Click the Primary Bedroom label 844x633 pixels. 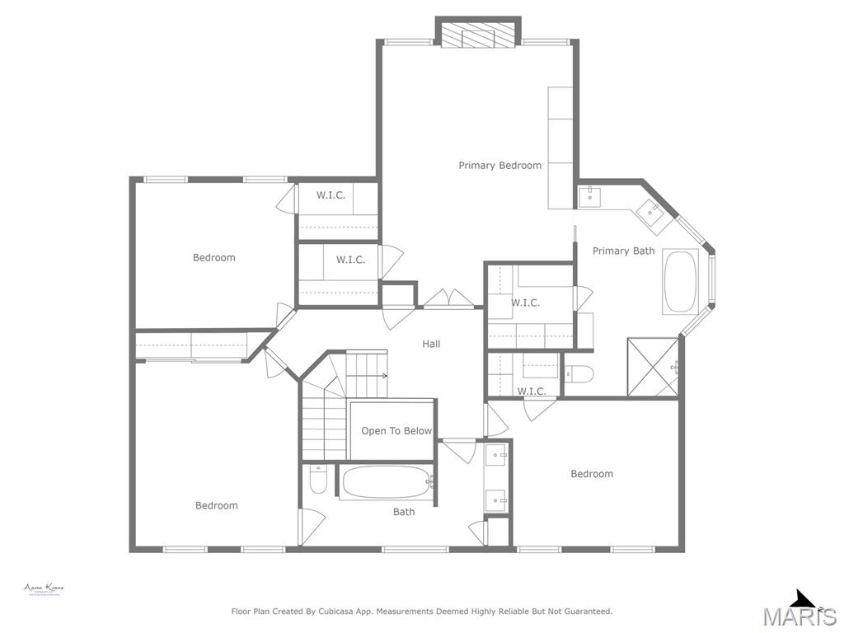[499, 166]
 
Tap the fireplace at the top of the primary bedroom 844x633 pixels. [478, 35]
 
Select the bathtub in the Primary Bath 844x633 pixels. [680, 282]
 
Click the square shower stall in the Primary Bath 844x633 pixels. [653, 366]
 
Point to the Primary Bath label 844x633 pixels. [623, 251]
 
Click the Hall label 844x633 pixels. [431, 344]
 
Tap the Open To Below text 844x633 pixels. [396, 431]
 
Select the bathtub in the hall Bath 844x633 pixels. [386, 482]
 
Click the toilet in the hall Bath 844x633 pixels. [318, 480]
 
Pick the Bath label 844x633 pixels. [404, 512]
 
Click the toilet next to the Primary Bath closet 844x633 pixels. [579, 375]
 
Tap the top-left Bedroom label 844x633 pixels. [213, 258]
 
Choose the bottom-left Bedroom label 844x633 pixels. [216, 506]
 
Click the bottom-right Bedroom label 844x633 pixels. [592, 474]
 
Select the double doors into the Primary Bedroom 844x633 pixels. [448, 299]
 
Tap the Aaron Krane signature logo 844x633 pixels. [43, 589]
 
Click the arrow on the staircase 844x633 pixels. [383, 375]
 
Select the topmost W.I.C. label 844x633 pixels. [331, 195]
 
